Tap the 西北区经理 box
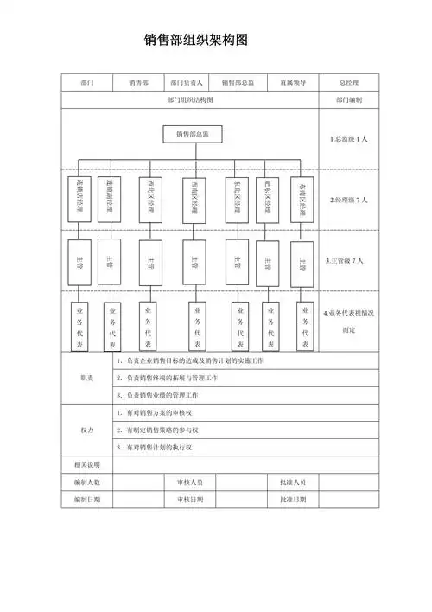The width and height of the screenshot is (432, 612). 150,200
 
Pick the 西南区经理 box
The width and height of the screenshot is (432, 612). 195,200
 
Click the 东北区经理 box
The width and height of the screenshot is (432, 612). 238,200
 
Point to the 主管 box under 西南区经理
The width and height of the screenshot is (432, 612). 195,262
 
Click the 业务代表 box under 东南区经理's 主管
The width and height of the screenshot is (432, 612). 304,326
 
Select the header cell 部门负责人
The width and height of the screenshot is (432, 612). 187,83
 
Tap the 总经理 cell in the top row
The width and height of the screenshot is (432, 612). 348,83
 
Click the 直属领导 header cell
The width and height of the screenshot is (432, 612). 293,83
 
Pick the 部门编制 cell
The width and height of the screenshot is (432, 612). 348,100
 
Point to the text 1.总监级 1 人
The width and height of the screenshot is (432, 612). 349,139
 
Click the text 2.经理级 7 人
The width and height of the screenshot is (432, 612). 349,200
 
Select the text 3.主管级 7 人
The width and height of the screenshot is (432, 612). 349,260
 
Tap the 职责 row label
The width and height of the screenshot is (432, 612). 86,378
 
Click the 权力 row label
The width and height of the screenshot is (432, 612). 86,430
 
